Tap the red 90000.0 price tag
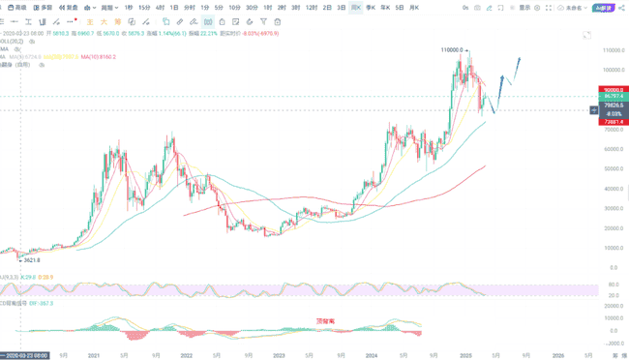tap(612, 89)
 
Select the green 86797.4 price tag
tap(612, 97)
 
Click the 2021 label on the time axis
tap(94, 355)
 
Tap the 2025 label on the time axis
tap(465, 355)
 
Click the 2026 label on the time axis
tap(558, 355)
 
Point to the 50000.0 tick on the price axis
tap(610, 168)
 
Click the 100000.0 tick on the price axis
tap(610, 70)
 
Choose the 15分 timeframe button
tap(144, 7)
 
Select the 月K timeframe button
tap(415, 7)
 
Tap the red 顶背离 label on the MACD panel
tap(324, 320)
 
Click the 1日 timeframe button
tap(173, 7)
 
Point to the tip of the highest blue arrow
tap(521, 58)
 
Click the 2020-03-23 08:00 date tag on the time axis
tap(27, 355)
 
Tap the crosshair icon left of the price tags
tap(594, 110)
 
